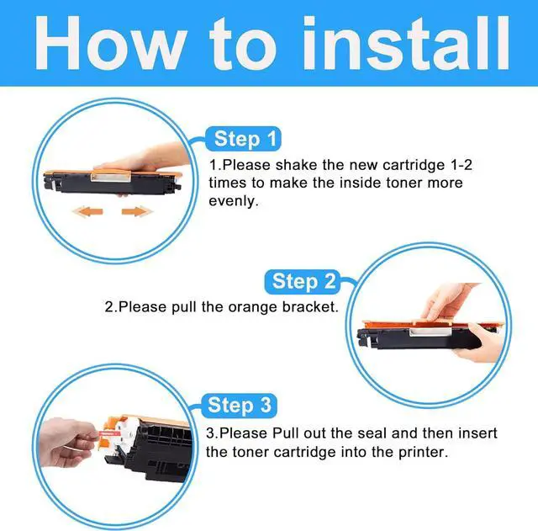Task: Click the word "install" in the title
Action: [x=406, y=43]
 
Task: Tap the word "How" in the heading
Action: [x=111, y=43]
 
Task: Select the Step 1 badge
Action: [x=243, y=139]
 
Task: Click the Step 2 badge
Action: [x=303, y=281]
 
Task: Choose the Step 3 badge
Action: [x=239, y=406]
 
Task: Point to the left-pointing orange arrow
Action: [x=87, y=211]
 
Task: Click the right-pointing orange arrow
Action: [x=137, y=211]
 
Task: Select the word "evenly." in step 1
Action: [x=234, y=201]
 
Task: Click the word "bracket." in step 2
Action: [x=310, y=306]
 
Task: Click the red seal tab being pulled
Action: [x=107, y=434]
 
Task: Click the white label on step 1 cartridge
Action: [x=111, y=178]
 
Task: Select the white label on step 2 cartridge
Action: [x=430, y=332]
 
